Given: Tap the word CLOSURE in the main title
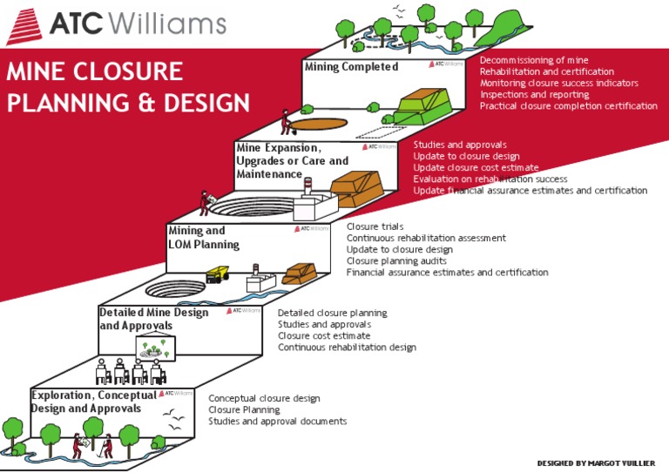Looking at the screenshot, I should pyautogui.click(x=129, y=71).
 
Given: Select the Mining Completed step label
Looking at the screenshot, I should pyautogui.click(x=351, y=67).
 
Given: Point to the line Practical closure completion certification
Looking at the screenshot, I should pyautogui.click(x=568, y=106).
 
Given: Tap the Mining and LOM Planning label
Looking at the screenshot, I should pyautogui.click(x=204, y=238).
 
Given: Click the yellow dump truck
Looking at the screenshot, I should pyautogui.click(x=217, y=275).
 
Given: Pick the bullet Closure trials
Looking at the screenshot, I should pyautogui.click(x=375, y=226).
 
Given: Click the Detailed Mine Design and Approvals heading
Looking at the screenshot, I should pyautogui.click(x=153, y=319).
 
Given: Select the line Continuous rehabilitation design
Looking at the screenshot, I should pyautogui.click(x=347, y=348).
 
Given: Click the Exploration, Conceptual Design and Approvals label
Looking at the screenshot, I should pyautogui.click(x=94, y=402).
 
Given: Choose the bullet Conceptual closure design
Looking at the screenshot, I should pyautogui.click(x=264, y=398).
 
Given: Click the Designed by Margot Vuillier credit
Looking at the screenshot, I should pyautogui.click(x=597, y=463).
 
